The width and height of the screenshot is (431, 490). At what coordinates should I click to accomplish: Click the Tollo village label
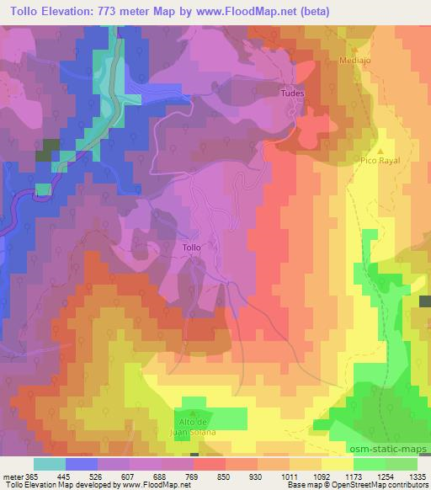[x=192, y=248]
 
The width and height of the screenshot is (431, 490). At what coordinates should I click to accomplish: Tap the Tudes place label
[x=291, y=93]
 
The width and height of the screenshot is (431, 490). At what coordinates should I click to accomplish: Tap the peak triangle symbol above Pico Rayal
[x=380, y=151]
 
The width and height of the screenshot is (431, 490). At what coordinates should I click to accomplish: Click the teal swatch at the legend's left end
[x=50, y=464]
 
